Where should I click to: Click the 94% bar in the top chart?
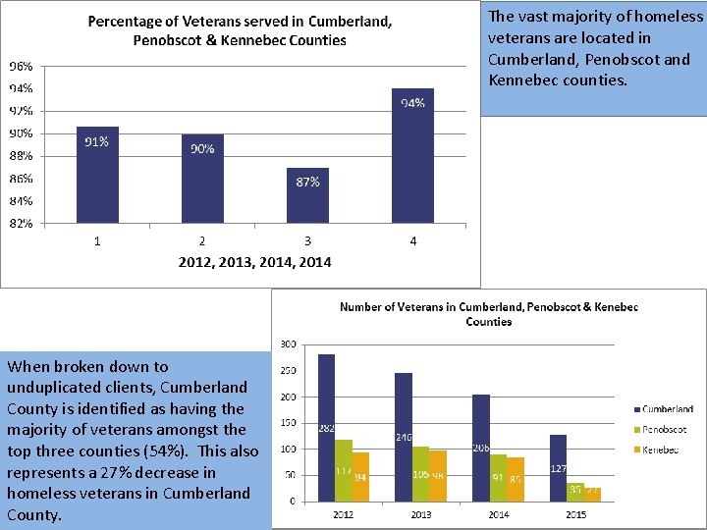[x=412, y=157]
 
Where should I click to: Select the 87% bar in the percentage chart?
[x=307, y=196]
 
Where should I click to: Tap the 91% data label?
[x=96, y=142]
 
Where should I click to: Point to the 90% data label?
[x=202, y=149]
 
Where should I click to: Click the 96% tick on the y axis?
[x=21, y=67]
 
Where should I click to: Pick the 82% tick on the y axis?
[x=21, y=223]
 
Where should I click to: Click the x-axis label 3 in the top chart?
[x=307, y=241]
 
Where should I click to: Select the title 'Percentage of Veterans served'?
[x=240, y=30]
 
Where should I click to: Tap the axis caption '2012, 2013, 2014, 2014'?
[x=254, y=262]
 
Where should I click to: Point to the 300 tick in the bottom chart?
[x=289, y=344]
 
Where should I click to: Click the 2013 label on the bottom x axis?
[x=420, y=513]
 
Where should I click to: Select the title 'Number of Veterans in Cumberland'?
[x=489, y=314]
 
